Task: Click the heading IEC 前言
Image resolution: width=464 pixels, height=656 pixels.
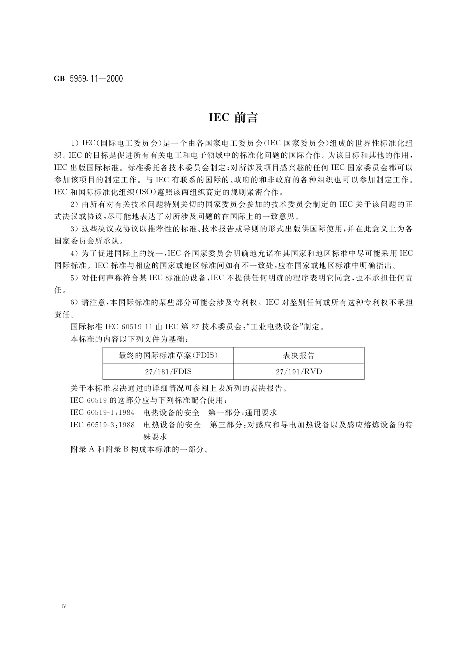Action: click(233, 118)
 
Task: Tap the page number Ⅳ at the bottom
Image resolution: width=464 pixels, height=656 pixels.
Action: click(64, 606)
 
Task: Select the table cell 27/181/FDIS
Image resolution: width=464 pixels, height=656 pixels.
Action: click(168, 372)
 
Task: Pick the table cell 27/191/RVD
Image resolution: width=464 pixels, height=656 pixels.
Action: click(299, 372)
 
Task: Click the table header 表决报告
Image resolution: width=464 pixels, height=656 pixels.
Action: click(299, 355)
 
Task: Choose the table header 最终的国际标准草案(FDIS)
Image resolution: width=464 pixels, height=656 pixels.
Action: click(168, 355)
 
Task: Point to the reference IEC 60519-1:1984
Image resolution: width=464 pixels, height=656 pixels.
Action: click(102, 413)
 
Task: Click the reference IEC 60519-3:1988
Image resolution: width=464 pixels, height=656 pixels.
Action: click(102, 425)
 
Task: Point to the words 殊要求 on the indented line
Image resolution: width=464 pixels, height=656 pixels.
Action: click(155, 437)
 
